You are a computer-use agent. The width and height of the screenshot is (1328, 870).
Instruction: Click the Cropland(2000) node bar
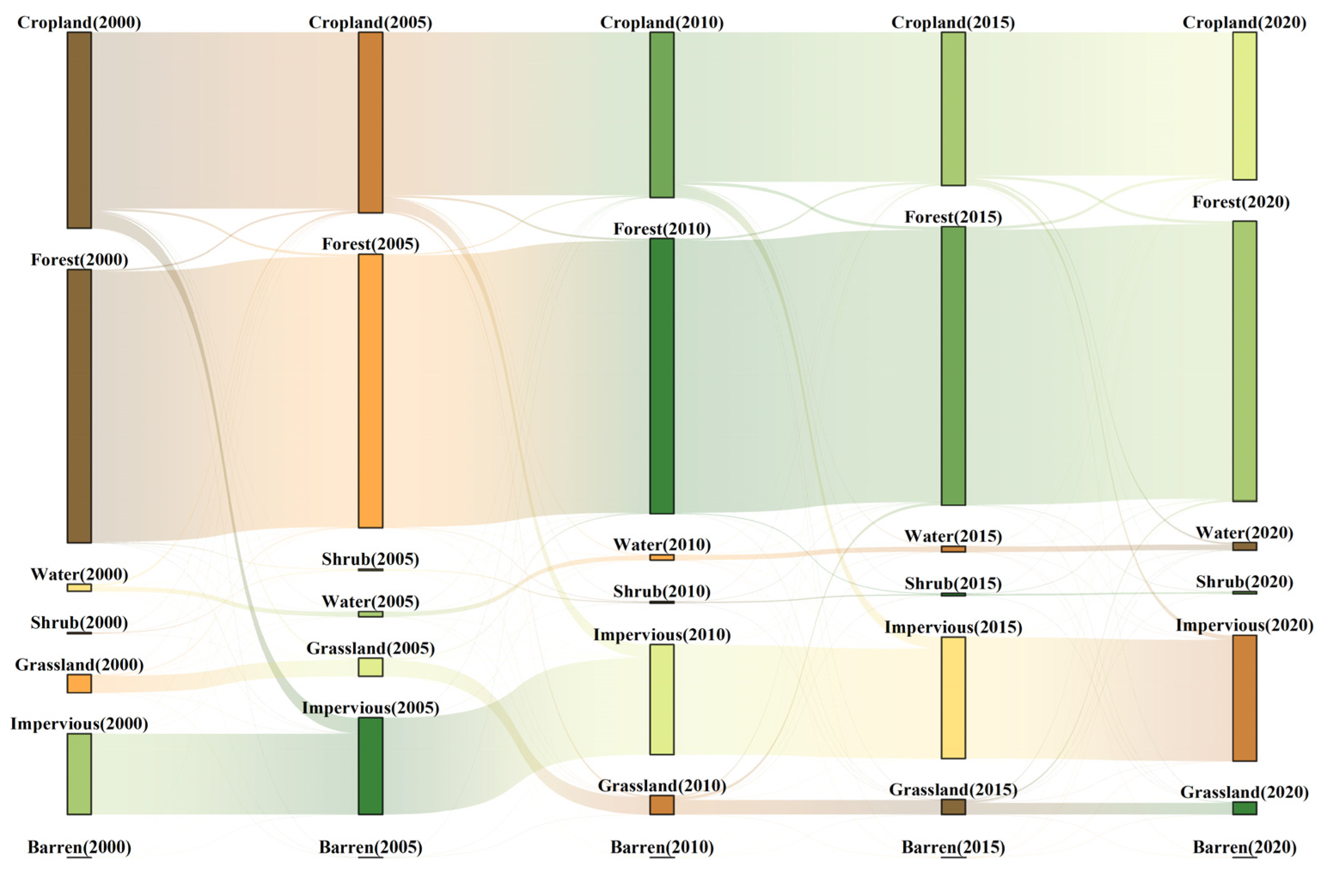coord(79,130)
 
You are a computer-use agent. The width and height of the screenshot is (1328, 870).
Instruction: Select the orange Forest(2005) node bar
coord(370,391)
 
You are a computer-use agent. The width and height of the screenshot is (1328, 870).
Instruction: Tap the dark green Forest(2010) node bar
coord(662,376)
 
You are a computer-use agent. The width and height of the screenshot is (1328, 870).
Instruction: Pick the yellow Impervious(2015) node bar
coord(953,697)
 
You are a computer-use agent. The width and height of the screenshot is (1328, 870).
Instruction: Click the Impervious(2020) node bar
coord(1244,698)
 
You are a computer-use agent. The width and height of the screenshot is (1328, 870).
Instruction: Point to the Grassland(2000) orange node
coord(79,683)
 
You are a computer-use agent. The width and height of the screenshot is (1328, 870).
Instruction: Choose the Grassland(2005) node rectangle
coord(370,667)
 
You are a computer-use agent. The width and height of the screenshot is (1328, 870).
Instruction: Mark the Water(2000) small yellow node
coord(79,587)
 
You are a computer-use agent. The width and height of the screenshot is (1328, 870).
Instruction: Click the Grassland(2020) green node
coord(1244,808)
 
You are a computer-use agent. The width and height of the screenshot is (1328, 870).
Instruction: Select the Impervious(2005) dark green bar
coord(370,766)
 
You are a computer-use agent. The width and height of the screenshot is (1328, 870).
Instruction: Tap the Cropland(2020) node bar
coord(1244,106)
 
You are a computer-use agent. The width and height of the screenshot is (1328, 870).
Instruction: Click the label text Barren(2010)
coord(662,847)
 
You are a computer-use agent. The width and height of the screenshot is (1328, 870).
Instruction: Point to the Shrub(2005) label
coord(370,559)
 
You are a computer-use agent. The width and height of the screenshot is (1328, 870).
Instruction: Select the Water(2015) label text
coord(953,536)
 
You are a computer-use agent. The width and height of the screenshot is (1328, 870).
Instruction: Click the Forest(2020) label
coord(1241,202)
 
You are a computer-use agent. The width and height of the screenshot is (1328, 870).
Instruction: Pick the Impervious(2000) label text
coord(79,723)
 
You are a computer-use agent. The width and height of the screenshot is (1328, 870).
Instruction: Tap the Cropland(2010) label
coord(662,22)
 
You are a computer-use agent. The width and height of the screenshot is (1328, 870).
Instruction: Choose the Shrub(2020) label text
coord(1244,582)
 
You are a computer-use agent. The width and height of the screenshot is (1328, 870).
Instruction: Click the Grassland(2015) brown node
coord(953,806)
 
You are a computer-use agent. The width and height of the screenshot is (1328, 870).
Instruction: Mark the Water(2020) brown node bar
coord(1244,546)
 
